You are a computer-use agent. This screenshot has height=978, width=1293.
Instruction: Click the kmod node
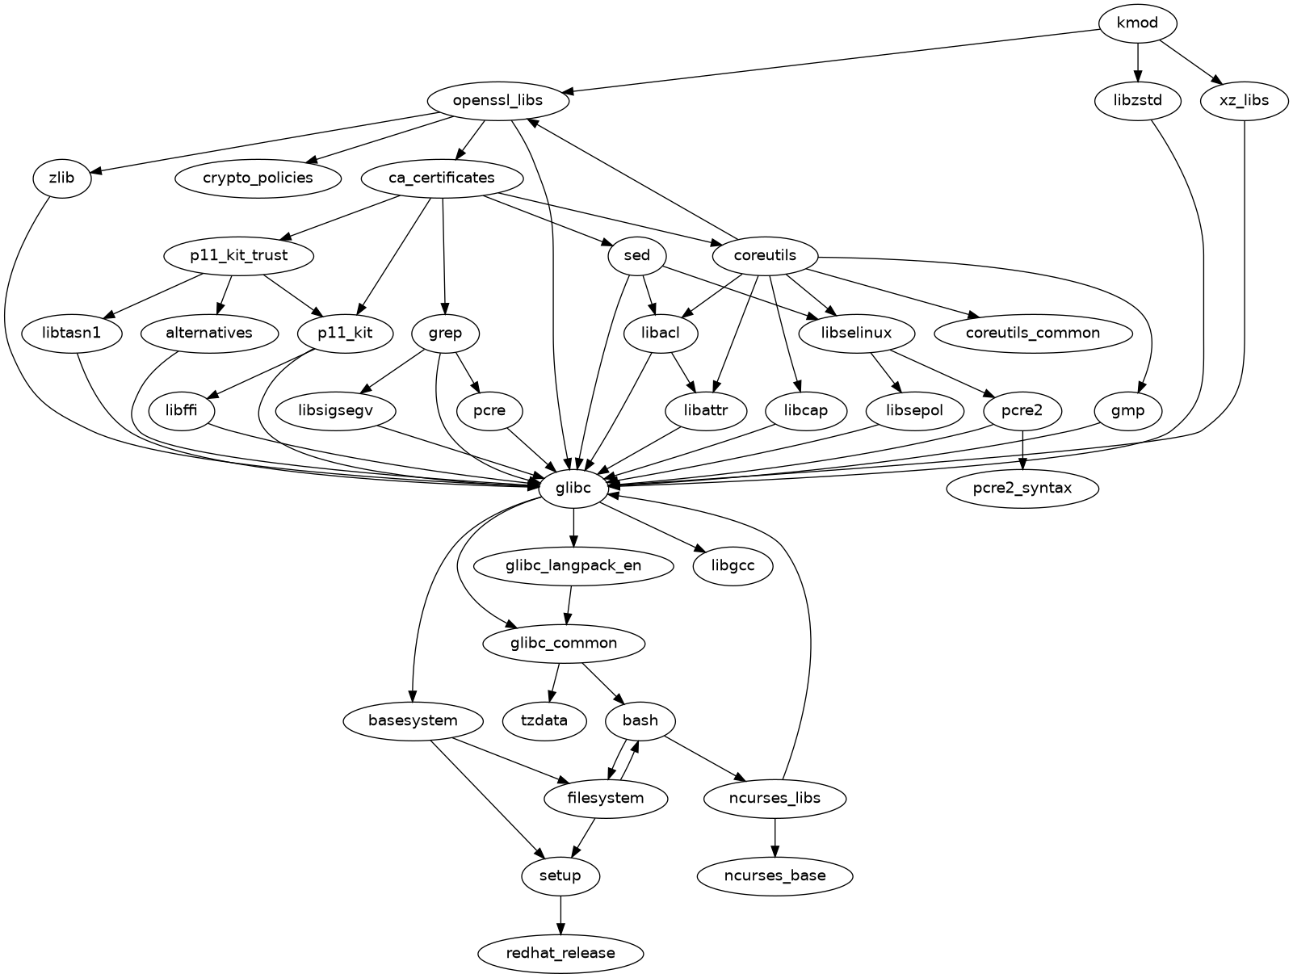coord(1137,23)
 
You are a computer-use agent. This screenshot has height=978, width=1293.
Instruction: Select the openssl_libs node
coord(497,101)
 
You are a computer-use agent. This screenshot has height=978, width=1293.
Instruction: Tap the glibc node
coord(573,488)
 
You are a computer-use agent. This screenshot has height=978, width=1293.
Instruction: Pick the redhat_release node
coord(560,953)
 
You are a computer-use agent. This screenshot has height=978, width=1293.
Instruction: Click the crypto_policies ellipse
coord(258,178)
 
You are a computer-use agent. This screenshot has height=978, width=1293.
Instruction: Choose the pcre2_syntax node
coord(1022,488)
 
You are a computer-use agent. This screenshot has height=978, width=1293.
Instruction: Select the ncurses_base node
coord(775,875)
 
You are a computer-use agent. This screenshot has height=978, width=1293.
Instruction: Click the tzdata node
coord(544,720)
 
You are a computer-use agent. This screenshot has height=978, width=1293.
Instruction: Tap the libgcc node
coord(733,565)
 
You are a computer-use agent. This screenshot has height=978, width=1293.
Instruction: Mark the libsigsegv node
coord(335,410)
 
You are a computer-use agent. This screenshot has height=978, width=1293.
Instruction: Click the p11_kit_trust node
coord(238,256)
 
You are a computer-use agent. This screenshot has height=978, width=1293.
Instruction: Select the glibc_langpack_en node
coord(573,565)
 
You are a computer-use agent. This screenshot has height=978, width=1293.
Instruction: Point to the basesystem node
coord(413,720)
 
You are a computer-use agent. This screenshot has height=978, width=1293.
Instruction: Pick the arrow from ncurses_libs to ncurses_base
coord(775,837)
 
